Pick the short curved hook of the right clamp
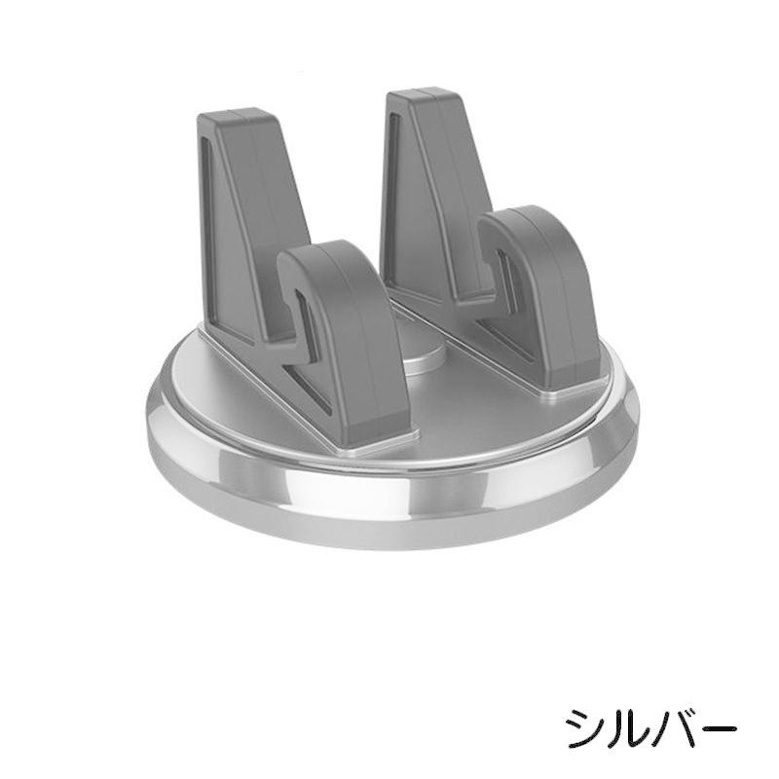(540, 282)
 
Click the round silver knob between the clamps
(426, 360)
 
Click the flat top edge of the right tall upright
(424, 93)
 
